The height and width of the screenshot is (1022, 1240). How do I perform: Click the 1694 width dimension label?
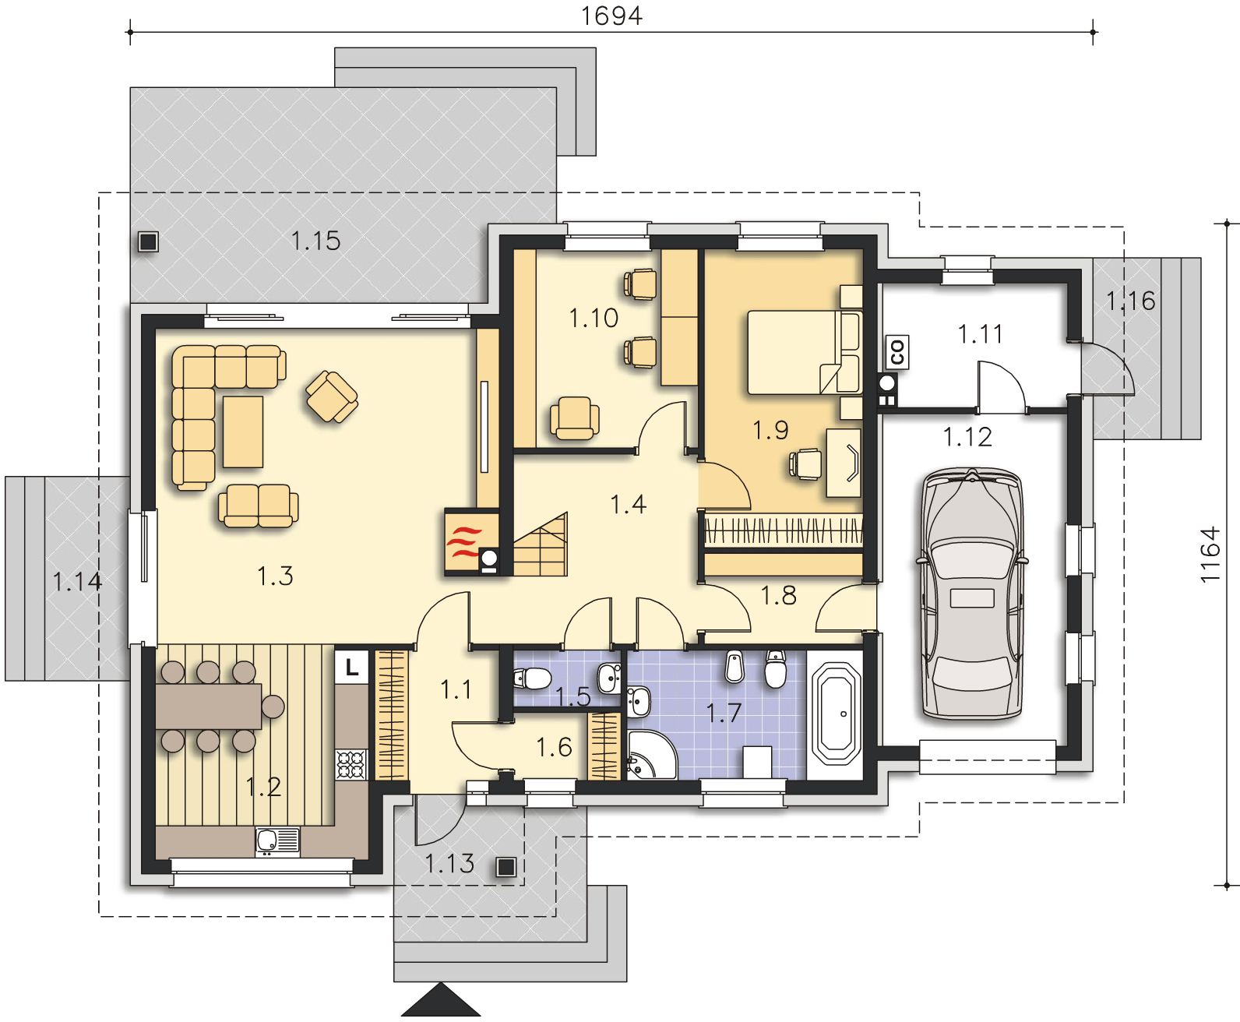(x=611, y=16)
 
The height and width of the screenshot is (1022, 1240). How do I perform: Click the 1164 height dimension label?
(x=1210, y=555)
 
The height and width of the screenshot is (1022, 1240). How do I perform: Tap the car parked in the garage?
(x=971, y=593)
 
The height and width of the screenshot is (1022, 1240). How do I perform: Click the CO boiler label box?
(x=897, y=352)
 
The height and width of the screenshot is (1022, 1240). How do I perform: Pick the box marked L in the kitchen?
(x=351, y=667)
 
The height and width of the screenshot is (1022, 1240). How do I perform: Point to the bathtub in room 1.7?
(x=835, y=715)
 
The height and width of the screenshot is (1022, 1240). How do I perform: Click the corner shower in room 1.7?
(x=651, y=754)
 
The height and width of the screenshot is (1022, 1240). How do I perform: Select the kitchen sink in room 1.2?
(x=277, y=841)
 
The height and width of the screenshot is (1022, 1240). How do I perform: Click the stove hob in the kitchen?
(x=351, y=764)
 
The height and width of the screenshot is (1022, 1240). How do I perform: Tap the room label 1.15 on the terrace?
(x=315, y=241)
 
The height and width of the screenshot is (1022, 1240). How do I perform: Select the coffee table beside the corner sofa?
(x=243, y=432)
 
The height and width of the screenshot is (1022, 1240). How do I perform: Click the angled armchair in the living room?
(x=332, y=396)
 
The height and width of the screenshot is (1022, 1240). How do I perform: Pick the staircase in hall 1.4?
(x=541, y=545)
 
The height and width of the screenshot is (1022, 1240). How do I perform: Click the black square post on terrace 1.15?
(x=148, y=241)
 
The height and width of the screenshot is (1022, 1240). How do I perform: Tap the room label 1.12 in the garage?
(x=967, y=438)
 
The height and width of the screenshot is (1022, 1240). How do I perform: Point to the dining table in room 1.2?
(x=209, y=706)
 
